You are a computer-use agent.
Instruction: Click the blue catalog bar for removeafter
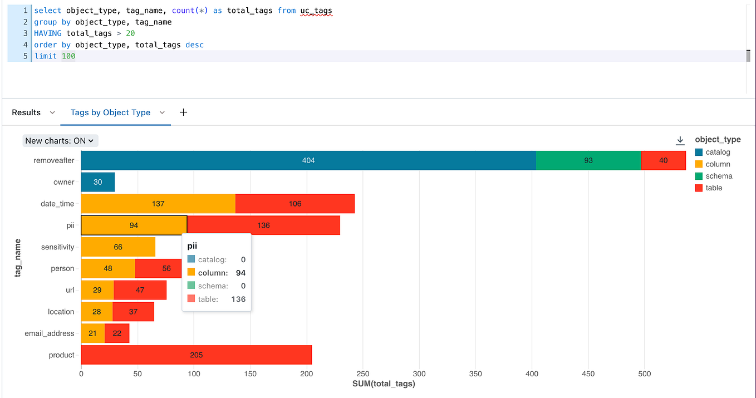pyautogui.click(x=308, y=160)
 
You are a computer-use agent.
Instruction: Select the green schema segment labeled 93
pyautogui.click(x=588, y=160)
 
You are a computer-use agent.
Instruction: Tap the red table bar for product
pyautogui.click(x=196, y=355)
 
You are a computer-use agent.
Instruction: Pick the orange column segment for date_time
pyautogui.click(x=158, y=204)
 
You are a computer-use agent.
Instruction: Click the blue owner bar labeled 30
pyautogui.click(x=98, y=182)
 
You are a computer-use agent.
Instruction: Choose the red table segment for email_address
pyautogui.click(x=117, y=333)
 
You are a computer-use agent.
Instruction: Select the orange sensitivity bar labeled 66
pyautogui.click(x=118, y=247)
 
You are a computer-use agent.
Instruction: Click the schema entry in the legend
pyautogui.click(x=719, y=176)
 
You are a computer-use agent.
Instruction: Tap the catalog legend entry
pyautogui.click(x=718, y=152)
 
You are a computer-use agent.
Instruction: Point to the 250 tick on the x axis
pyautogui.click(x=362, y=374)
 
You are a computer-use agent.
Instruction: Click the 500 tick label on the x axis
pyautogui.click(x=645, y=374)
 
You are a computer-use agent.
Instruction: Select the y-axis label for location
pyautogui.click(x=61, y=312)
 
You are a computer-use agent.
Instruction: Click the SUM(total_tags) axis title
pyautogui.click(x=384, y=384)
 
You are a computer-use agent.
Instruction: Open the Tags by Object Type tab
pyautogui.click(x=110, y=112)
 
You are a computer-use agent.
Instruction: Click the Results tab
pyautogui.click(x=26, y=112)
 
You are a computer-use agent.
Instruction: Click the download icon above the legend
pyautogui.click(x=680, y=140)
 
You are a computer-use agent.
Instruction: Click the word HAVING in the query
pyautogui.click(x=48, y=33)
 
